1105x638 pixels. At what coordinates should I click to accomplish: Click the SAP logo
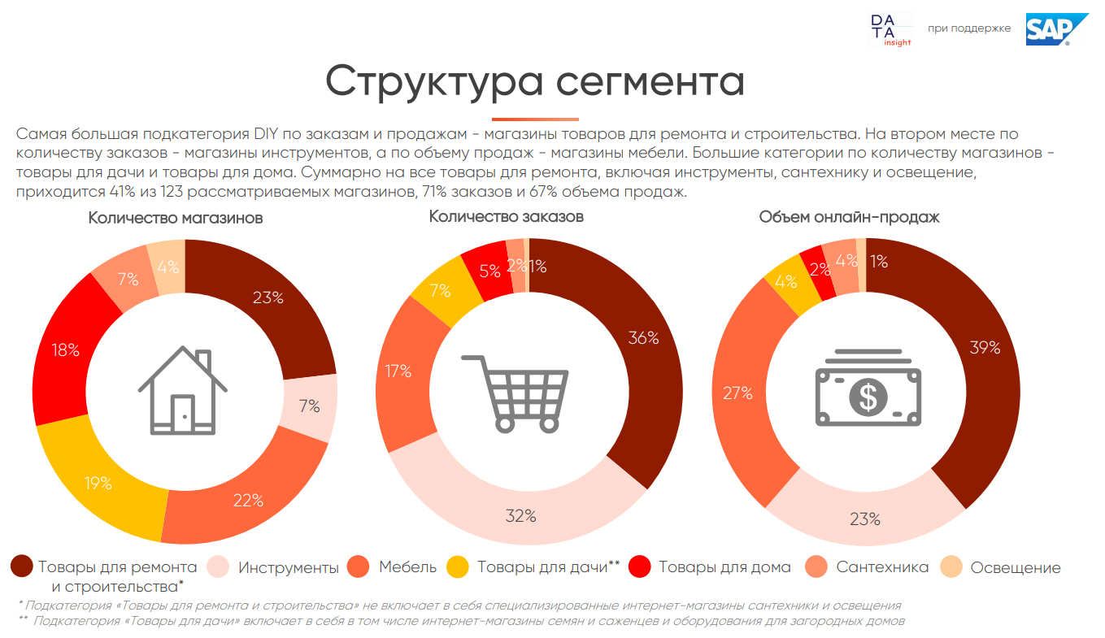[x=1046, y=29]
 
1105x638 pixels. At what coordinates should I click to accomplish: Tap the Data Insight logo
[x=890, y=30]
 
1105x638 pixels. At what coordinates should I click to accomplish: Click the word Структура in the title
[x=420, y=81]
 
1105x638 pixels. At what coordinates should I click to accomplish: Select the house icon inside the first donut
[x=183, y=391]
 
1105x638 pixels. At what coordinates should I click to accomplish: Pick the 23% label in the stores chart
[x=268, y=297]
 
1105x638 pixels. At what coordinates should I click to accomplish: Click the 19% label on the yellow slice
[x=98, y=483]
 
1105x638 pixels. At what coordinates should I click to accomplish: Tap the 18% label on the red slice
[x=65, y=350]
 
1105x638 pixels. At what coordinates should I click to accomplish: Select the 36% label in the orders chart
[x=642, y=338]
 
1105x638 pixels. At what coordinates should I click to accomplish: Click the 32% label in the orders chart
[x=520, y=515]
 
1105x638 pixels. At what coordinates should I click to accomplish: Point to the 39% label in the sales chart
[x=985, y=347]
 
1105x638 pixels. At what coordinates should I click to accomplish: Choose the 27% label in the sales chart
[x=737, y=393]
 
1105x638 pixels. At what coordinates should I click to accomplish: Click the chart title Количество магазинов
[x=176, y=218]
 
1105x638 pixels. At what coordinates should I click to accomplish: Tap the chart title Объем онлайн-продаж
[x=850, y=217]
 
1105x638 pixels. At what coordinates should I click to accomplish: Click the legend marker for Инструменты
[x=218, y=567]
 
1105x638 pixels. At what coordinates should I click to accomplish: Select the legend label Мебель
[x=407, y=567]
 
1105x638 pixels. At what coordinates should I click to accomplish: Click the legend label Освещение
[x=1016, y=567]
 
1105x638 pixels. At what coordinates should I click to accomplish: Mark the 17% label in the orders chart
[x=398, y=371]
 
